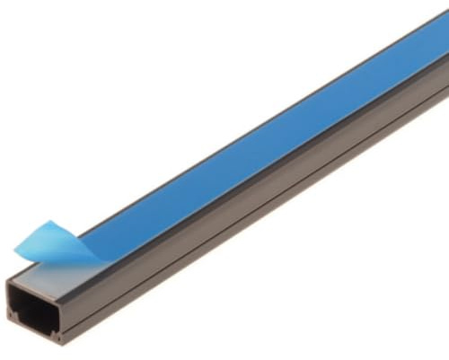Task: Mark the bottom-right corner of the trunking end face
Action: [x=63, y=347]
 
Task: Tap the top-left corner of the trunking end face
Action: [x=6, y=280]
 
